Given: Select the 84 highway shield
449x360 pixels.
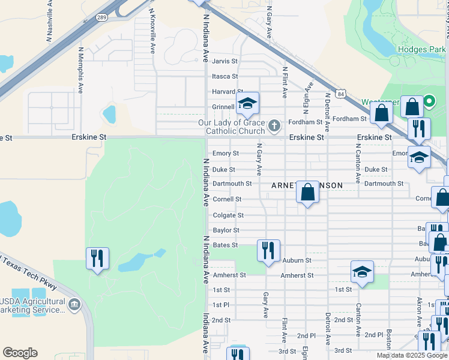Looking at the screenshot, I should pyautogui.click(x=341, y=94).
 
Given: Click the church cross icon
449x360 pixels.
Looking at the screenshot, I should pyautogui.click(x=274, y=125).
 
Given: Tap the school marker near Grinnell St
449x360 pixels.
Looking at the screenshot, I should pyautogui.click(x=247, y=104).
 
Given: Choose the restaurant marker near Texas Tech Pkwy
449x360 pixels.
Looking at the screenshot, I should pyautogui.click(x=97, y=258).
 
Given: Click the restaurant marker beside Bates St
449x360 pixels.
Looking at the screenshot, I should pyautogui.click(x=268, y=250).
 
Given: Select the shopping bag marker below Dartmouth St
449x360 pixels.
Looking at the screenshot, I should pyautogui.click(x=307, y=193).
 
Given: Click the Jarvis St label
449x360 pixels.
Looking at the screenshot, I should pyautogui.click(x=225, y=61).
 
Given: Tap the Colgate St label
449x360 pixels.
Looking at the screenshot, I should pyautogui.click(x=228, y=215).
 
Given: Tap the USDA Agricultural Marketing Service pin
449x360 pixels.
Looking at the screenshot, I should pyautogui.click(x=74, y=305).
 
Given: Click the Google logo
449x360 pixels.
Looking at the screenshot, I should pyautogui.click(x=20, y=353).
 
